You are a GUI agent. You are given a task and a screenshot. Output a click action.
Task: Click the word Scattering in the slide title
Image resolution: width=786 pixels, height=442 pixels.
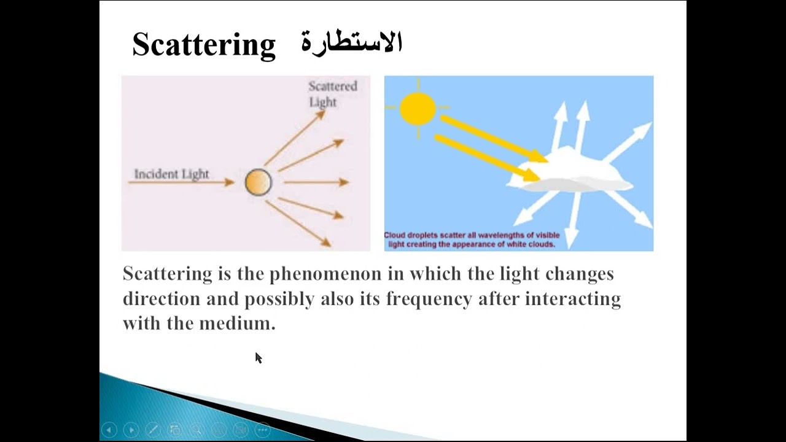tap(204, 45)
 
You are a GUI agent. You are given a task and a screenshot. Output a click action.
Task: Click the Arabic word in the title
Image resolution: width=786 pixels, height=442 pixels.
tap(351, 43)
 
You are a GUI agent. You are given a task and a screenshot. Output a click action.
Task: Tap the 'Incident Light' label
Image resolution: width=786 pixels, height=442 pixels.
tap(171, 174)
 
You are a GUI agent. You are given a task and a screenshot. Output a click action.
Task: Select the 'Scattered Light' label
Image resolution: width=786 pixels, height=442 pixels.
tap(332, 94)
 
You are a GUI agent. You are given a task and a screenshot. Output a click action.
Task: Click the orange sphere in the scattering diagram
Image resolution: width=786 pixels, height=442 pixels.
tap(258, 182)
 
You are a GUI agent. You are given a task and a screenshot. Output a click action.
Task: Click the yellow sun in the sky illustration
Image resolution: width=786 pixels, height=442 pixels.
tap(418, 109)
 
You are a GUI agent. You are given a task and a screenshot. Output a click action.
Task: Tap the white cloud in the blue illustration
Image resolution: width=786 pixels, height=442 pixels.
tap(571, 172)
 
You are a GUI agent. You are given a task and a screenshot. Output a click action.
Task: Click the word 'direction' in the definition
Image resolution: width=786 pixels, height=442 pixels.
tap(161, 299)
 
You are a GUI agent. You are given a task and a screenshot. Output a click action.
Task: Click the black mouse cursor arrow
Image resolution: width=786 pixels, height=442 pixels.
tap(258, 358)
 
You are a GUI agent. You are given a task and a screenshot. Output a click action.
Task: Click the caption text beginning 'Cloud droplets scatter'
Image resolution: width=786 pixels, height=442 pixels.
tap(472, 239)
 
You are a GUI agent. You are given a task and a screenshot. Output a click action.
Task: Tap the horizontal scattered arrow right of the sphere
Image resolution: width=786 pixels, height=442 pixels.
tap(316, 182)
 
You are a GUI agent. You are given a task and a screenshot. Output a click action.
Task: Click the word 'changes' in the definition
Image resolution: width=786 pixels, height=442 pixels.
tap(579, 274)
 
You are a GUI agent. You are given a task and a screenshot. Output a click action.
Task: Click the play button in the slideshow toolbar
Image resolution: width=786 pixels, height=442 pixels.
tap(131, 430)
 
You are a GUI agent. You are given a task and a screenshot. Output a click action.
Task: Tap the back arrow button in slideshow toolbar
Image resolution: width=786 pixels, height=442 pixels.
tap(109, 430)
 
